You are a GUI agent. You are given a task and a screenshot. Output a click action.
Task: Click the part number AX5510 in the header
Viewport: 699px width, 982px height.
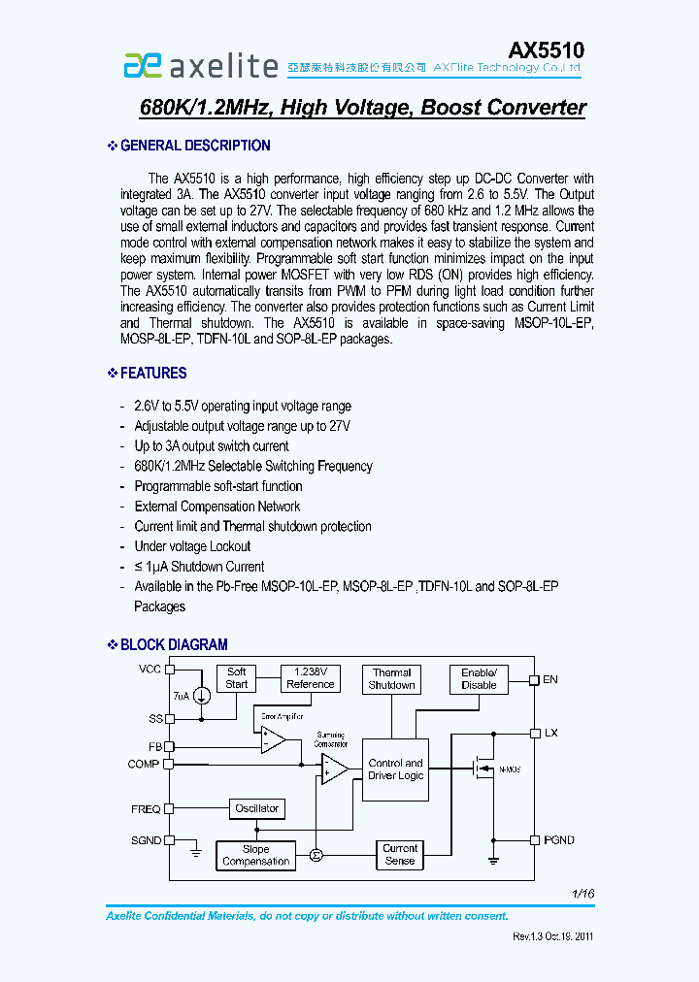(x=547, y=49)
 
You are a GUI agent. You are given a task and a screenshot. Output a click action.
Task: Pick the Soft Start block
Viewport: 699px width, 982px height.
(x=237, y=678)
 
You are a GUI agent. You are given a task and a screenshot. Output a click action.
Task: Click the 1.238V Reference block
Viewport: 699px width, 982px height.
(x=311, y=678)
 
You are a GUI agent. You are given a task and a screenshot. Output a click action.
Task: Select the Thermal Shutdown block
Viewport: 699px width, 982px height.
(x=392, y=679)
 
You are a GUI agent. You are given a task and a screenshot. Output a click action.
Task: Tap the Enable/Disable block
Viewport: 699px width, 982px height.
(x=479, y=679)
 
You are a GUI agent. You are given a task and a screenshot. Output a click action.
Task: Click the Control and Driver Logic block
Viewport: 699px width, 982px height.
(x=395, y=769)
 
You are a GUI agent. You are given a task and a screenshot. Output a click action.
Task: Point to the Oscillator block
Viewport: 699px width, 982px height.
(x=257, y=808)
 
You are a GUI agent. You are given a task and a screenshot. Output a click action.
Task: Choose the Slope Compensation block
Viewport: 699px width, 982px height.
(x=255, y=855)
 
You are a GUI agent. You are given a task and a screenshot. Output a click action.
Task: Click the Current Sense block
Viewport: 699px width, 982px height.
(x=400, y=855)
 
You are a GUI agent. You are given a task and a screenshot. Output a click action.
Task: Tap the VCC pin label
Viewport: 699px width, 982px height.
(x=150, y=670)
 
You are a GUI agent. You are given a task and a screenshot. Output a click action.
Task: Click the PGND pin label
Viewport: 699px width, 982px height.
(x=559, y=840)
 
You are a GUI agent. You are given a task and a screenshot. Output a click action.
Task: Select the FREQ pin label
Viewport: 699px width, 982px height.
(x=146, y=808)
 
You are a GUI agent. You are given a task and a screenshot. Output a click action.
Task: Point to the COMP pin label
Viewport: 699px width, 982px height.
(x=144, y=765)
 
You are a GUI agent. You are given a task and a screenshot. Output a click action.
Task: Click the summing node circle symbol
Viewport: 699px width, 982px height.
(x=316, y=855)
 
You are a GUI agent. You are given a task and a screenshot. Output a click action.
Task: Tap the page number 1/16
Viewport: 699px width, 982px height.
(x=582, y=894)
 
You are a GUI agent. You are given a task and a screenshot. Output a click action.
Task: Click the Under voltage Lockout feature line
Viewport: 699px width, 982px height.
(x=192, y=546)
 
